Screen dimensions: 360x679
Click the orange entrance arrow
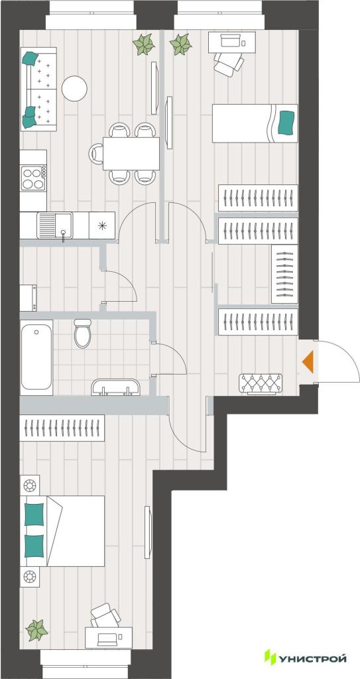coord(308,363)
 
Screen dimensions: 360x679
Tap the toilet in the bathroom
coord(82,333)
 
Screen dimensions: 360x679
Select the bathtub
coord(36,357)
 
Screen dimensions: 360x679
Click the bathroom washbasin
coord(115,387)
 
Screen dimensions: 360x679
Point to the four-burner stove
coord(33,178)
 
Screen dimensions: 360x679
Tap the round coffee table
coord(74,88)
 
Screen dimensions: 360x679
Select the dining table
coord(131,153)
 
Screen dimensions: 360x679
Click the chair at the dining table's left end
coord(96,153)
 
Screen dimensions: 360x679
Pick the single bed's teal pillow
coord(286,122)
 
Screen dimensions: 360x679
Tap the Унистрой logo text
coord(313,658)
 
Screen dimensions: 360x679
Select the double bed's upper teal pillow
coord(34,515)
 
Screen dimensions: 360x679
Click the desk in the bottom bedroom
coord(109,637)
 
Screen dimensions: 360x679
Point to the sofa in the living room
coord(38,90)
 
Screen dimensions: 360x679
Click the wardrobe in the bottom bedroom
coord(62,428)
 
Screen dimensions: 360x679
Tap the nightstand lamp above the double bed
coord(30,485)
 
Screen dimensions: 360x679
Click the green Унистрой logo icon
coord(270,657)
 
